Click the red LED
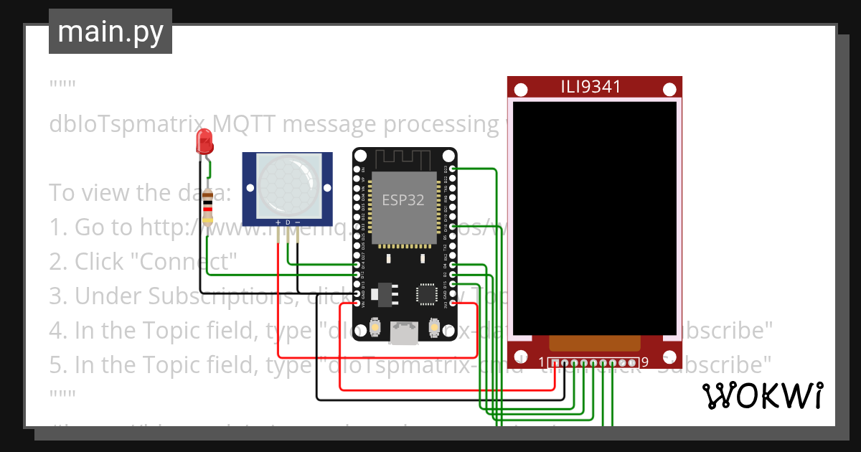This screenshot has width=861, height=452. click(204, 141)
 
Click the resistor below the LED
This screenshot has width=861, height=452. click(208, 207)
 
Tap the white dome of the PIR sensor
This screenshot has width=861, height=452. click(288, 184)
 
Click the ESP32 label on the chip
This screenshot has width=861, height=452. click(403, 200)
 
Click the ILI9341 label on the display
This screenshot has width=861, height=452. click(591, 88)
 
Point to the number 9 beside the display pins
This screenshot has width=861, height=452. click(645, 362)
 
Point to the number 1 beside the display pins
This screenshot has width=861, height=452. click(542, 362)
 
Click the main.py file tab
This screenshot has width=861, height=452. click(110, 32)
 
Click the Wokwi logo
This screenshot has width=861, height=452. click(762, 395)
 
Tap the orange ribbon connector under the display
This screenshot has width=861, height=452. click(593, 344)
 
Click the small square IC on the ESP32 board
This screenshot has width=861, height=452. click(426, 294)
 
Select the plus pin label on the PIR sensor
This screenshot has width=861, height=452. click(278, 222)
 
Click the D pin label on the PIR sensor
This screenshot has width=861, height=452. click(288, 222)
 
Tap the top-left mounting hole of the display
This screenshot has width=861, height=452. click(522, 90)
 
